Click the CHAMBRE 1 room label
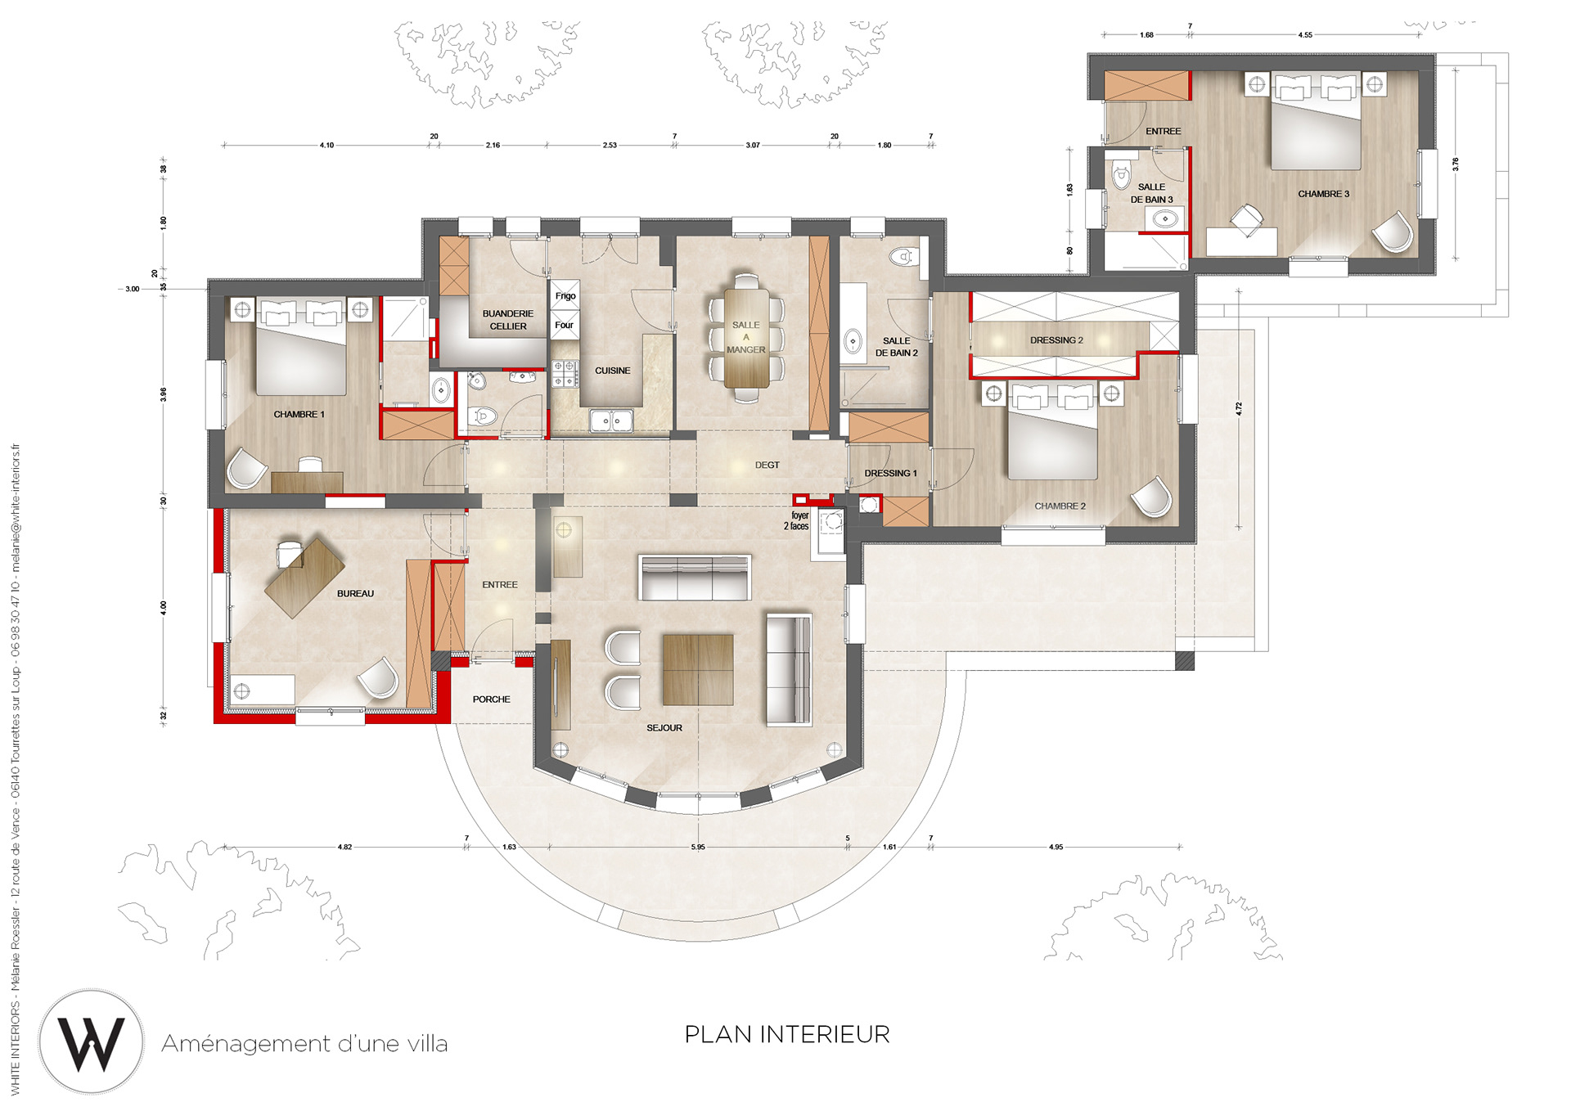pyautogui.click(x=299, y=415)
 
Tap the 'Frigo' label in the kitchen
pyautogui.click(x=565, y=296)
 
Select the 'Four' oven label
pyautogui.click(x=564, y=325)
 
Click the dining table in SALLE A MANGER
pyautogui.click(x=746, y=337)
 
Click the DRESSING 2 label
pyautogui.click(x=1056, y=340)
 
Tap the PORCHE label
pyautogui.click(x=491, y=699)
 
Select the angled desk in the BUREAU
pyautogui.click(x=304, y=577)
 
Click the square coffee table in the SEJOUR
pyautogui.click(x=698, y=669)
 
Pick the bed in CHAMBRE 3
pyautogui.click(x=1316, y=123)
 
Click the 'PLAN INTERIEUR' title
pyautogui.click(x=787, y=1035)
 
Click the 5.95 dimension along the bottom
pyautogui.click(x=697, y=847)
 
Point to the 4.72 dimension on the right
pyautogui.click(x=1239, y=408)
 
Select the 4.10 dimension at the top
pyautogui.click(x=326, y=146)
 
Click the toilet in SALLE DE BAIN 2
pyautogui.click(x=903, y=256)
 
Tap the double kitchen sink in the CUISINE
pyautogui.click(x=610, y=421)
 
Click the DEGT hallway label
pyautogui.click(x=767, y=466)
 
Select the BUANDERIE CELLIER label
pyautogui.click(x=507, y=320)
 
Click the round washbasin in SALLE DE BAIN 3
pyautogui.click(x=1165, y=219)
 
